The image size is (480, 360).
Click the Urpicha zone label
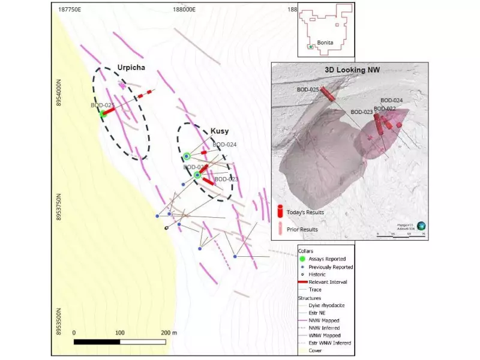132,67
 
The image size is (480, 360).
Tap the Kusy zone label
220,131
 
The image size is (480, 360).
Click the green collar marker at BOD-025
103,113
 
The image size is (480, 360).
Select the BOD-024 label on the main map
224,145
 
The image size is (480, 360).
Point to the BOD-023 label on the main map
226,179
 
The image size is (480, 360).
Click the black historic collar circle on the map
166,228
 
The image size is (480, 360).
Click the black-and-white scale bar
119,342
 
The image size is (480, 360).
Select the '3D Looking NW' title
352,70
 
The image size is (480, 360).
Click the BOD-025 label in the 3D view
308,90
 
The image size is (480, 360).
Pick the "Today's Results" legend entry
306,212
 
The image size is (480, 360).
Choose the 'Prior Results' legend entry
302,229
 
